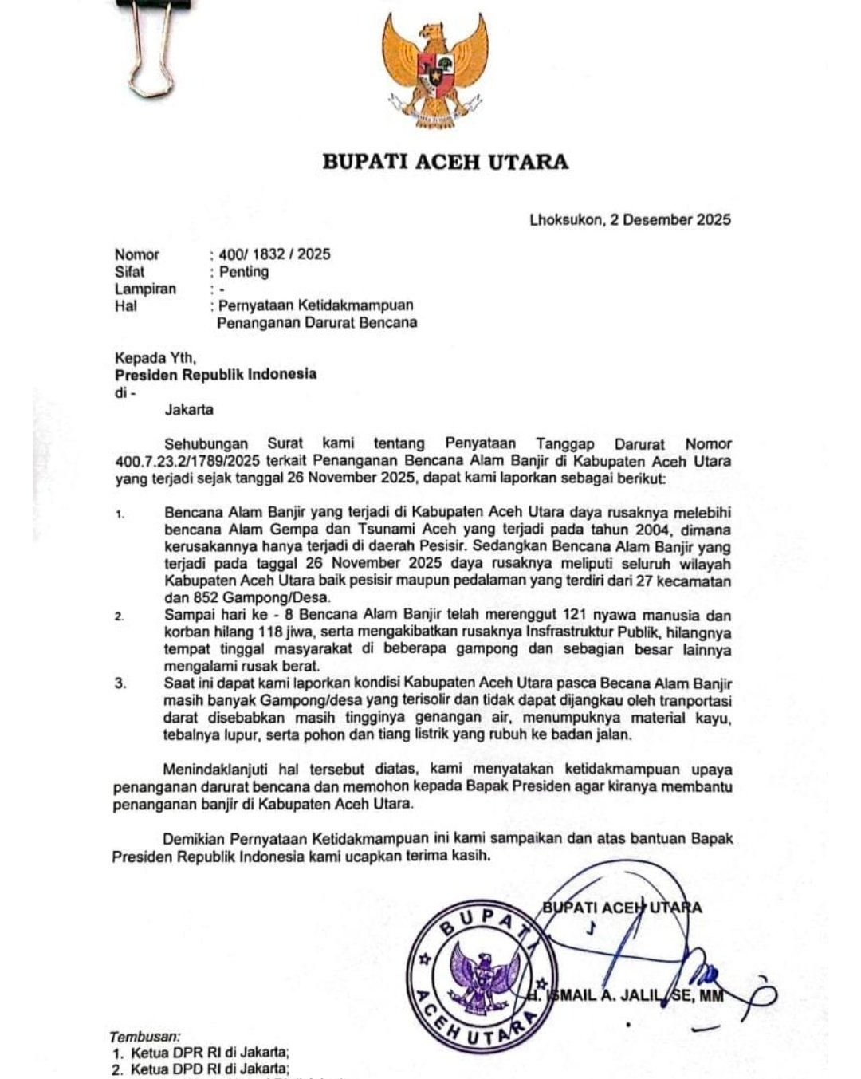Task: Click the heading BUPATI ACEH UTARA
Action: (445, 162)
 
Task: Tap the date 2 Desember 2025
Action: (670, 220)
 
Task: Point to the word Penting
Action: (244, 272)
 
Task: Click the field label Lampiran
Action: (145, 289)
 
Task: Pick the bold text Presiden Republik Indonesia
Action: (215, 374)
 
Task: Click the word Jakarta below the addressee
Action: (189, 410)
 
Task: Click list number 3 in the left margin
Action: (120, 684)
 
